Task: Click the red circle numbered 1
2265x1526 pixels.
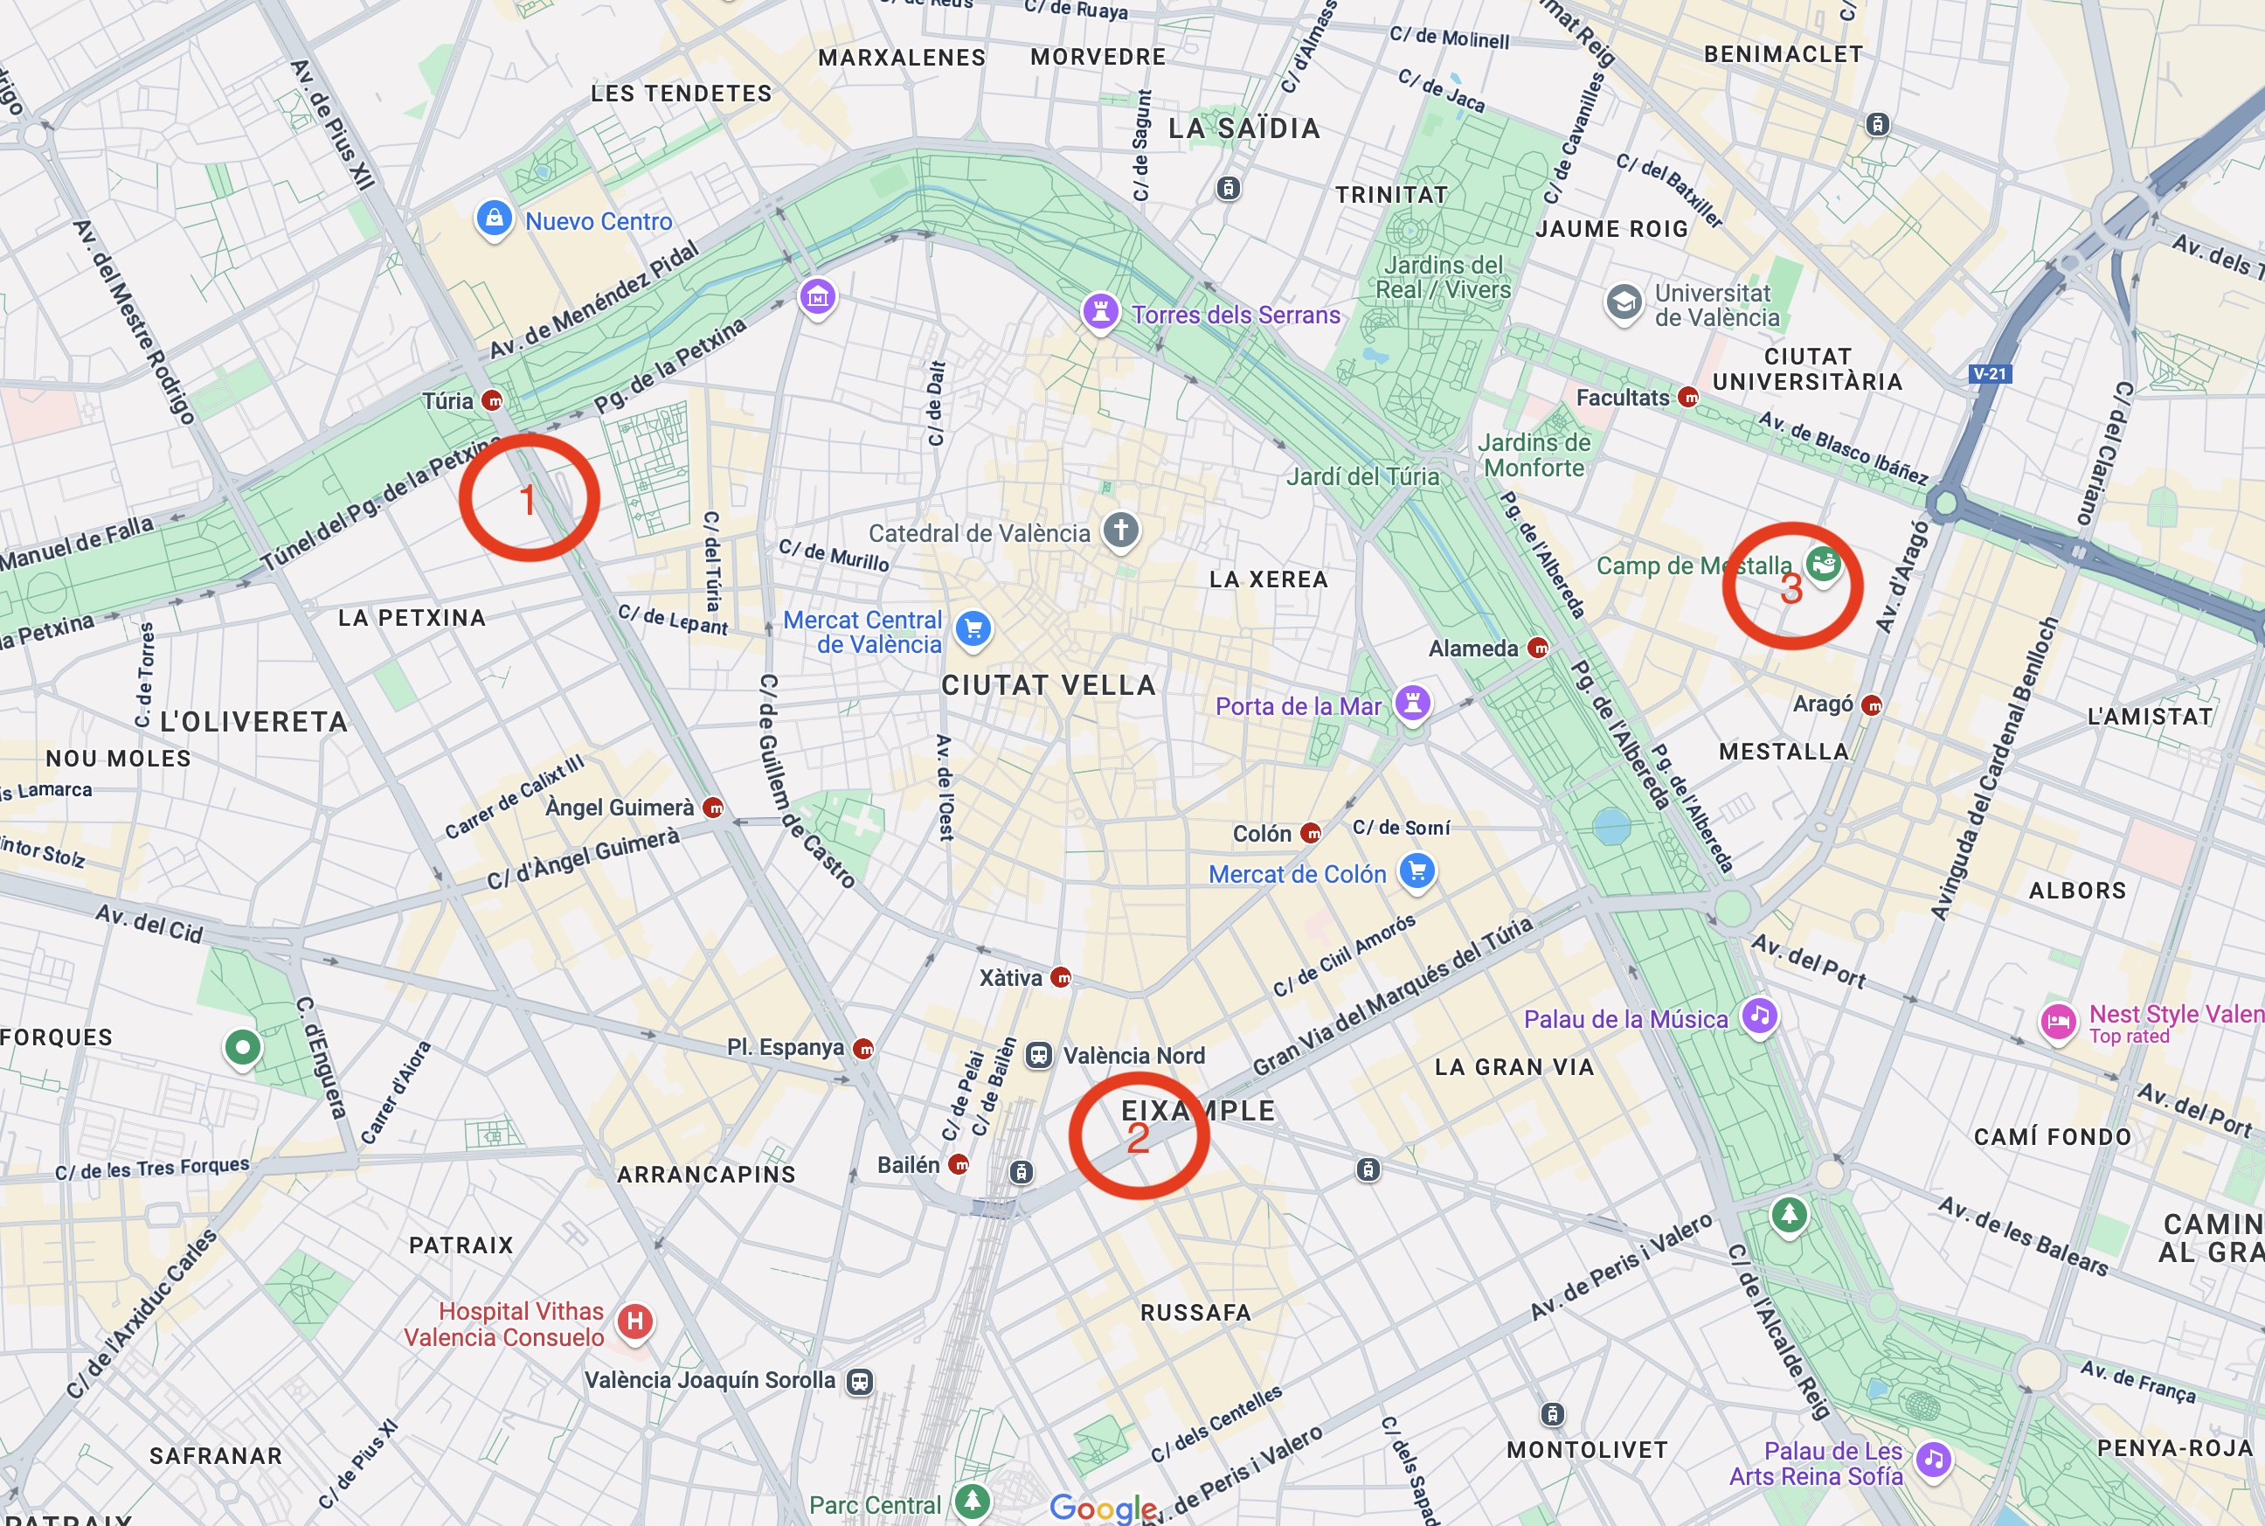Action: (529, 497)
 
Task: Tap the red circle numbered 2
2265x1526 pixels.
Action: (1139, 1135)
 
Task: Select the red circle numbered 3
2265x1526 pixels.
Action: (1792, 586)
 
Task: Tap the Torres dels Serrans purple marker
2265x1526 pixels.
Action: (1100, 312)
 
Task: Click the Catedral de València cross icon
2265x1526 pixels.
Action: (1121, 531)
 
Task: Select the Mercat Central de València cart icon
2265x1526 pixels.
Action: (973, 628)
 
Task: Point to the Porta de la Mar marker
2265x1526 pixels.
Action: (1413, 702)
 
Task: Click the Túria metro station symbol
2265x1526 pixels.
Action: (493, 400)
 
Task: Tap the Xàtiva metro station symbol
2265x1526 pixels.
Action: (1062, 977)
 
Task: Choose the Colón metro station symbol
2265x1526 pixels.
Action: (1312, 833)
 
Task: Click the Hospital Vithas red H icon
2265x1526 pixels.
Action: (635, 1321)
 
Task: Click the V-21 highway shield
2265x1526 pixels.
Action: (1990, 374)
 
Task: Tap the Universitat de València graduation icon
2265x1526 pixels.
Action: (1624, 302)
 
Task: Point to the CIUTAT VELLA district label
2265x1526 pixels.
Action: (1049, 685)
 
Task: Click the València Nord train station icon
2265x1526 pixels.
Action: (1039, 1055)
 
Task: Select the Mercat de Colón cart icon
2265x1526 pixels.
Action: (1417, 871)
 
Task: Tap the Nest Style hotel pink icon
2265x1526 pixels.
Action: (2058, 1023)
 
